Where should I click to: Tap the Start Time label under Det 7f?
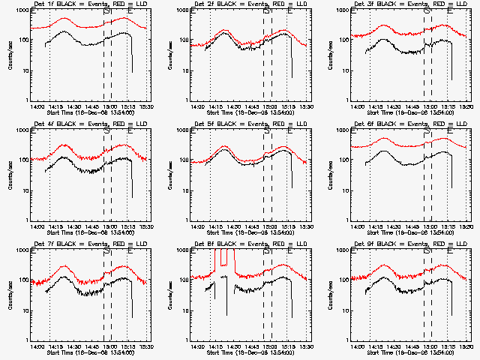pyautogui.click(x=91, y=352)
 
